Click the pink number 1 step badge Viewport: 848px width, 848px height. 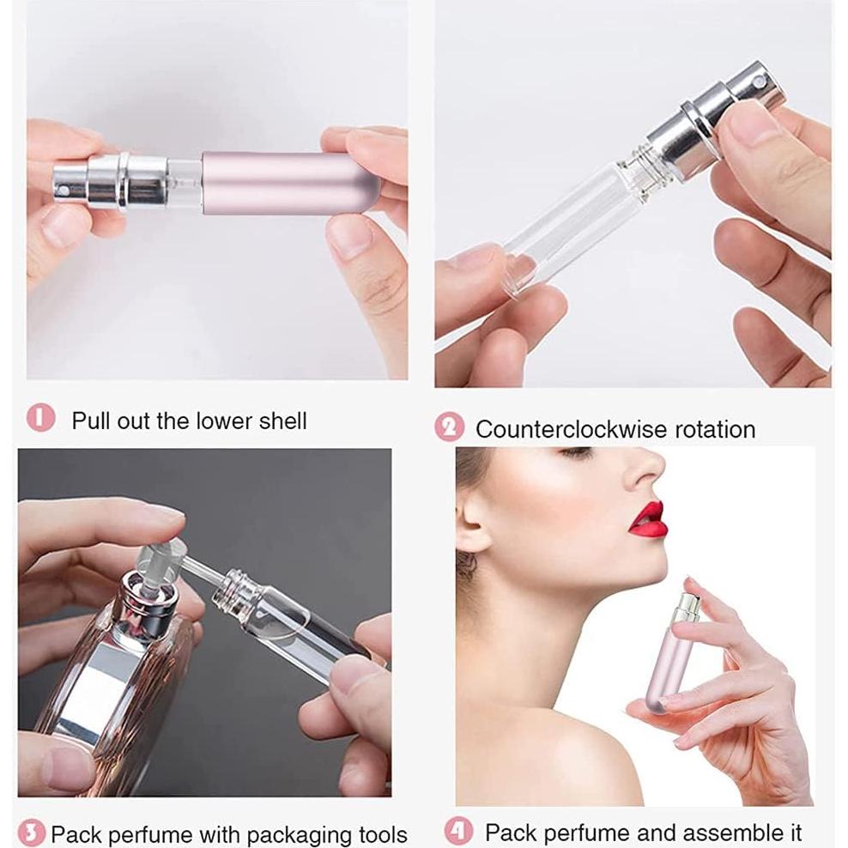40,419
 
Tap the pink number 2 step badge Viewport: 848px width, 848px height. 449,427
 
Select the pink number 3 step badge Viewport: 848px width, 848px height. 32,832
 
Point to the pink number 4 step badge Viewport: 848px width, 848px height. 458,830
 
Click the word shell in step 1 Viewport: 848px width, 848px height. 279,421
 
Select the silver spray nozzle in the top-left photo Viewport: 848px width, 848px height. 91,181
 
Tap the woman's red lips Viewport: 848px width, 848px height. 648,520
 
